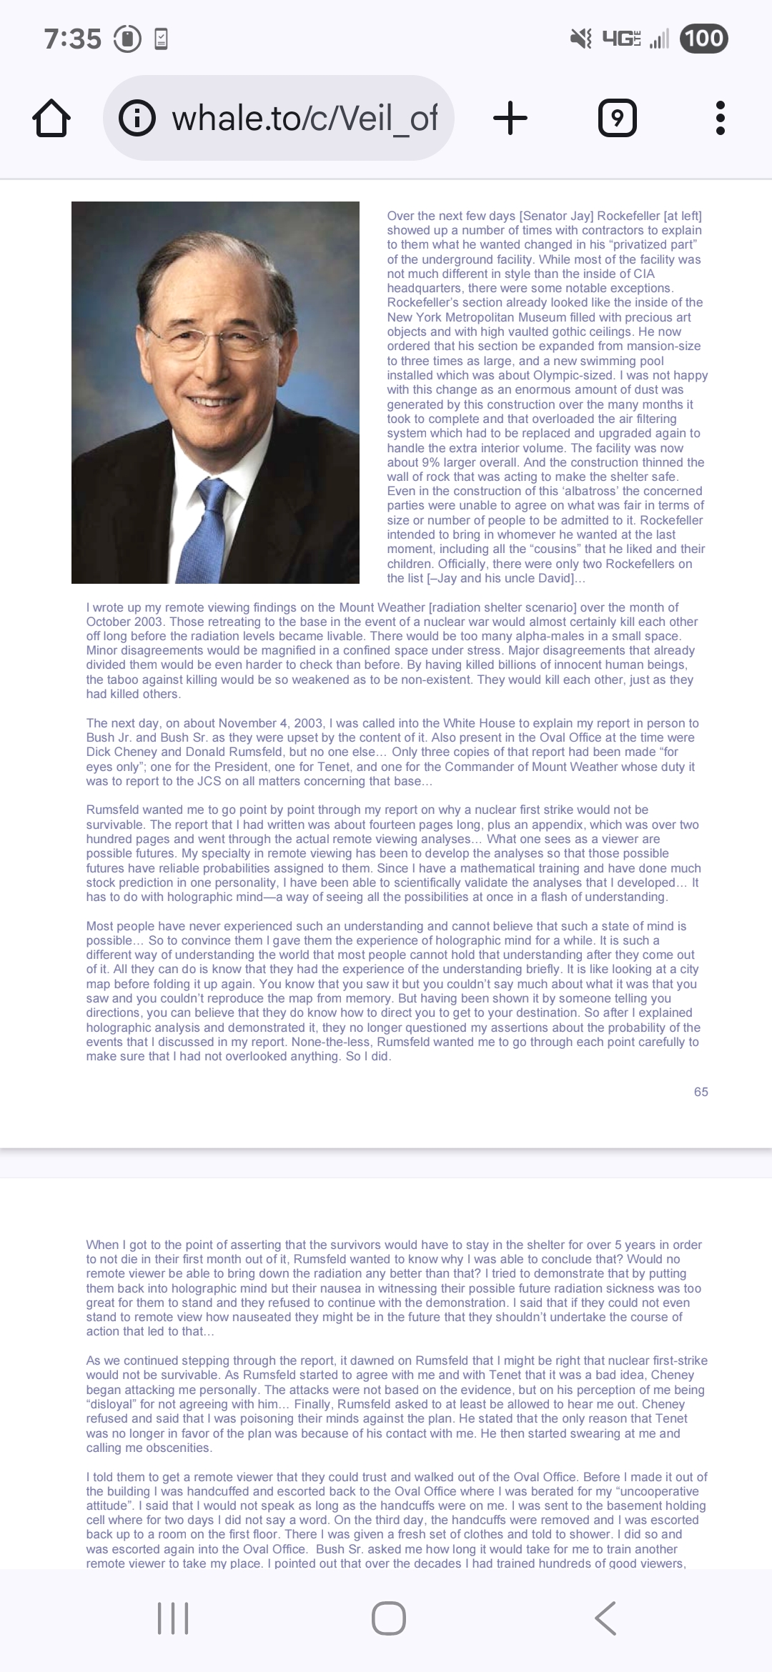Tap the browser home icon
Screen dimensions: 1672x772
point(51,119)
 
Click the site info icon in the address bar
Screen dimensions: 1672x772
point(137,119)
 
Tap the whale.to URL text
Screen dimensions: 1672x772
point(304,119)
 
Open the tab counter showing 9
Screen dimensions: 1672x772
point(617,119)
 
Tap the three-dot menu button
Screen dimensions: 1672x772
point(720,119)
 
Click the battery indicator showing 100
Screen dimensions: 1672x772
point(704,38)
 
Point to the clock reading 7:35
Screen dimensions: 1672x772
point(73,39)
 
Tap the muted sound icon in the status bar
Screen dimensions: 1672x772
point(580,39)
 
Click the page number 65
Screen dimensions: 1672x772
point(701,1092)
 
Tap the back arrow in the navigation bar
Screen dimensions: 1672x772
point(605,1618)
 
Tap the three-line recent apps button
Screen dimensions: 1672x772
point(173,1618)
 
